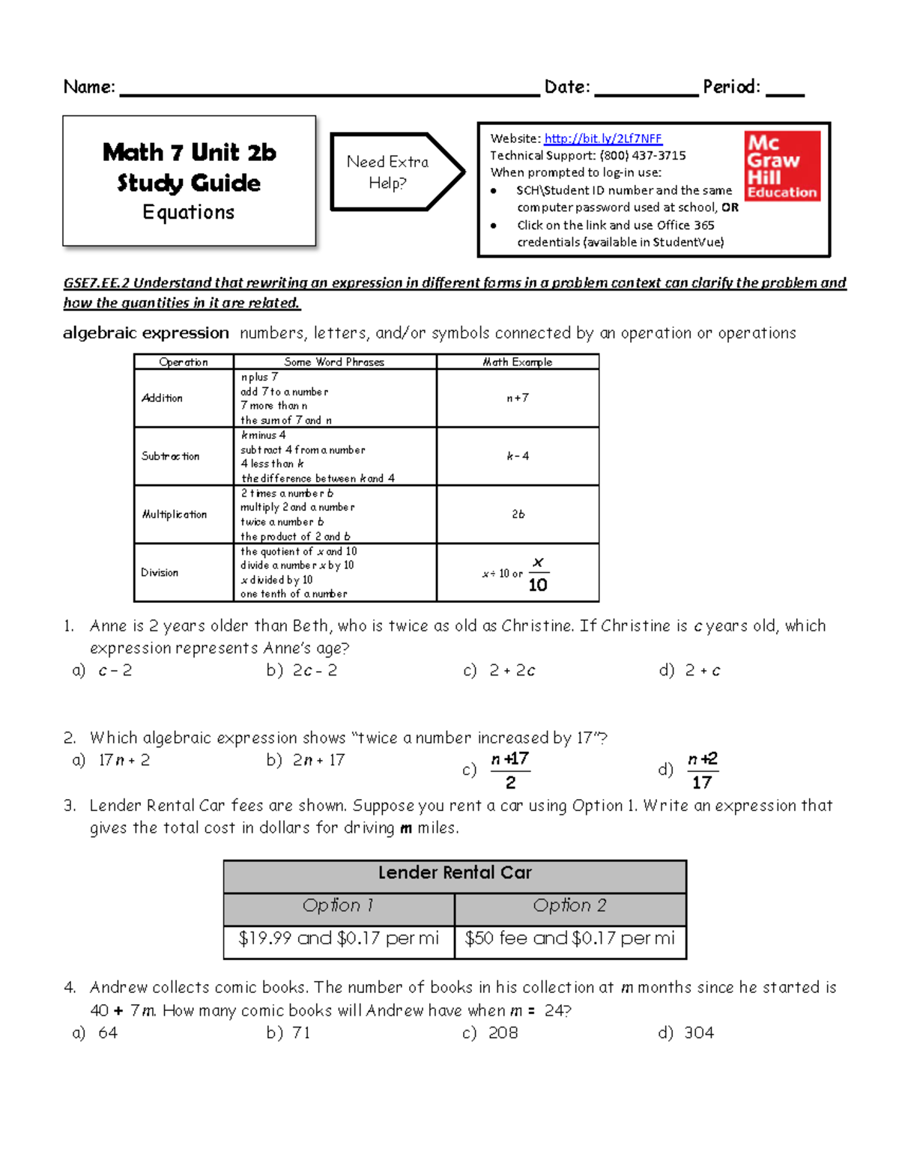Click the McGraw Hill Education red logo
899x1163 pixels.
coord(782,166)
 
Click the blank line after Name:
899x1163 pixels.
coord(330,90)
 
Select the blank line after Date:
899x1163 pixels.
coord(646,90)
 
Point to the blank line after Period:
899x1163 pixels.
coord(785,90)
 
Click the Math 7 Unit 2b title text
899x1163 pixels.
coord(190,153)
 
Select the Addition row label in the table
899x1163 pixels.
coord(163,398)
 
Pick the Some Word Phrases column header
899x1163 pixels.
coord(334,362)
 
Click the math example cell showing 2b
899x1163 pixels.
coord(518,514)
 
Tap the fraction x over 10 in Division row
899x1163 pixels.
coord(538,574)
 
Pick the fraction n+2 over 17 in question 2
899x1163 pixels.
coord(702,771)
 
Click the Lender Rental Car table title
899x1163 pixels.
coord(455,873)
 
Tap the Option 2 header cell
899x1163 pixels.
coord(570,906)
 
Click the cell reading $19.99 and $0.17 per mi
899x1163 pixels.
coord(339,939)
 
